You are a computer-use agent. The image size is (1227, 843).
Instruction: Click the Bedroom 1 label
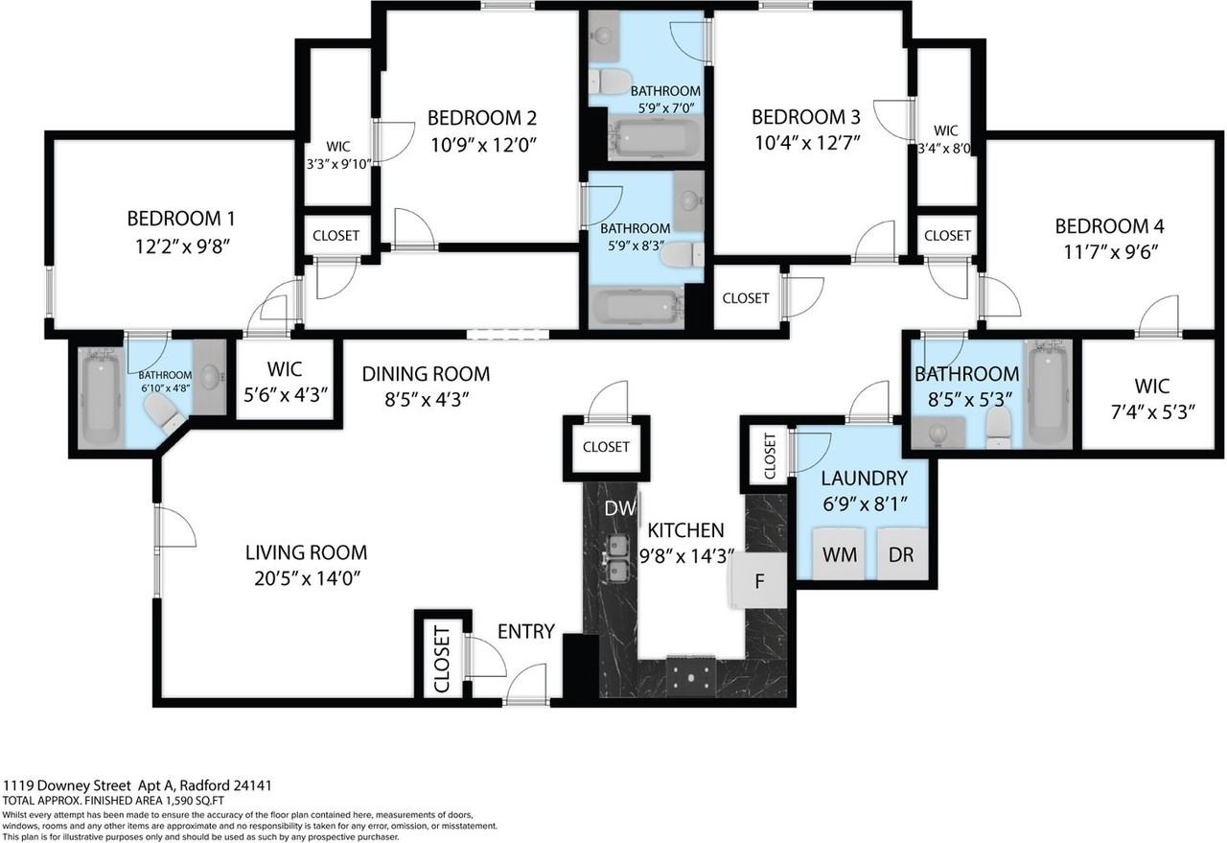pos(181,218)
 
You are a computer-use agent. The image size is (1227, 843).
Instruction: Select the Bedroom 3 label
pos(805,117)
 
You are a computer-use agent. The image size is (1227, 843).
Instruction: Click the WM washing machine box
pos(839,554)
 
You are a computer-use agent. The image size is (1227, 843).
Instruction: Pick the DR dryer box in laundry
pos(901,554)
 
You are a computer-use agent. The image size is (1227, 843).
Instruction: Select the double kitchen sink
pos(615,559)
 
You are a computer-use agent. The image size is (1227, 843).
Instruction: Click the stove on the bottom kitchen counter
pos(690,675)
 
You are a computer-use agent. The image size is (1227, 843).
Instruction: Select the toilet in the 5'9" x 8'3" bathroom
pos(683,253)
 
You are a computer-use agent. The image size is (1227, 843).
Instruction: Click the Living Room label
pos(306,552)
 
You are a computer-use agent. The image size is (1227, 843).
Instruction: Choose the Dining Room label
pos(426,374)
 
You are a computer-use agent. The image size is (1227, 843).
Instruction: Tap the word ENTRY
pos(525,631)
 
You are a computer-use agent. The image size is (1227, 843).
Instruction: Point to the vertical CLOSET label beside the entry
pos(442,659)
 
